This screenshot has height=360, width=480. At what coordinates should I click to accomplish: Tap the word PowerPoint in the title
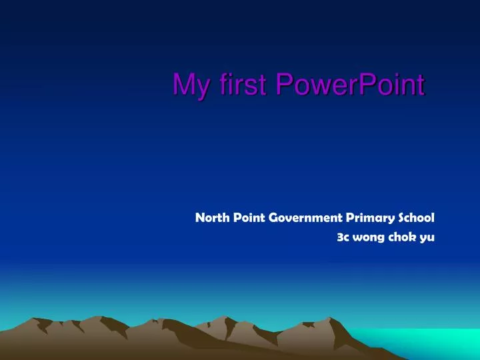pos(349,85)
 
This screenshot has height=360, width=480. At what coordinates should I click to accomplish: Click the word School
pos(417,217)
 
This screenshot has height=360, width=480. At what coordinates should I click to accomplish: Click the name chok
pos(400,236)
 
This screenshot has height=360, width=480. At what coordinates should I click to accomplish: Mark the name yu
pos(427,237)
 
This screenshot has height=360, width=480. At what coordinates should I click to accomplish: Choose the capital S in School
pos(404,217)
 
